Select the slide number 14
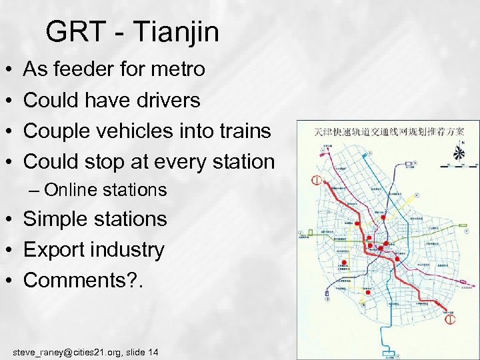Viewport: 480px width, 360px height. pyautogui.click(x=153, y=351)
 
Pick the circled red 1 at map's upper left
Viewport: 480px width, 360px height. pyautogui.click(x=317, y=181)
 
